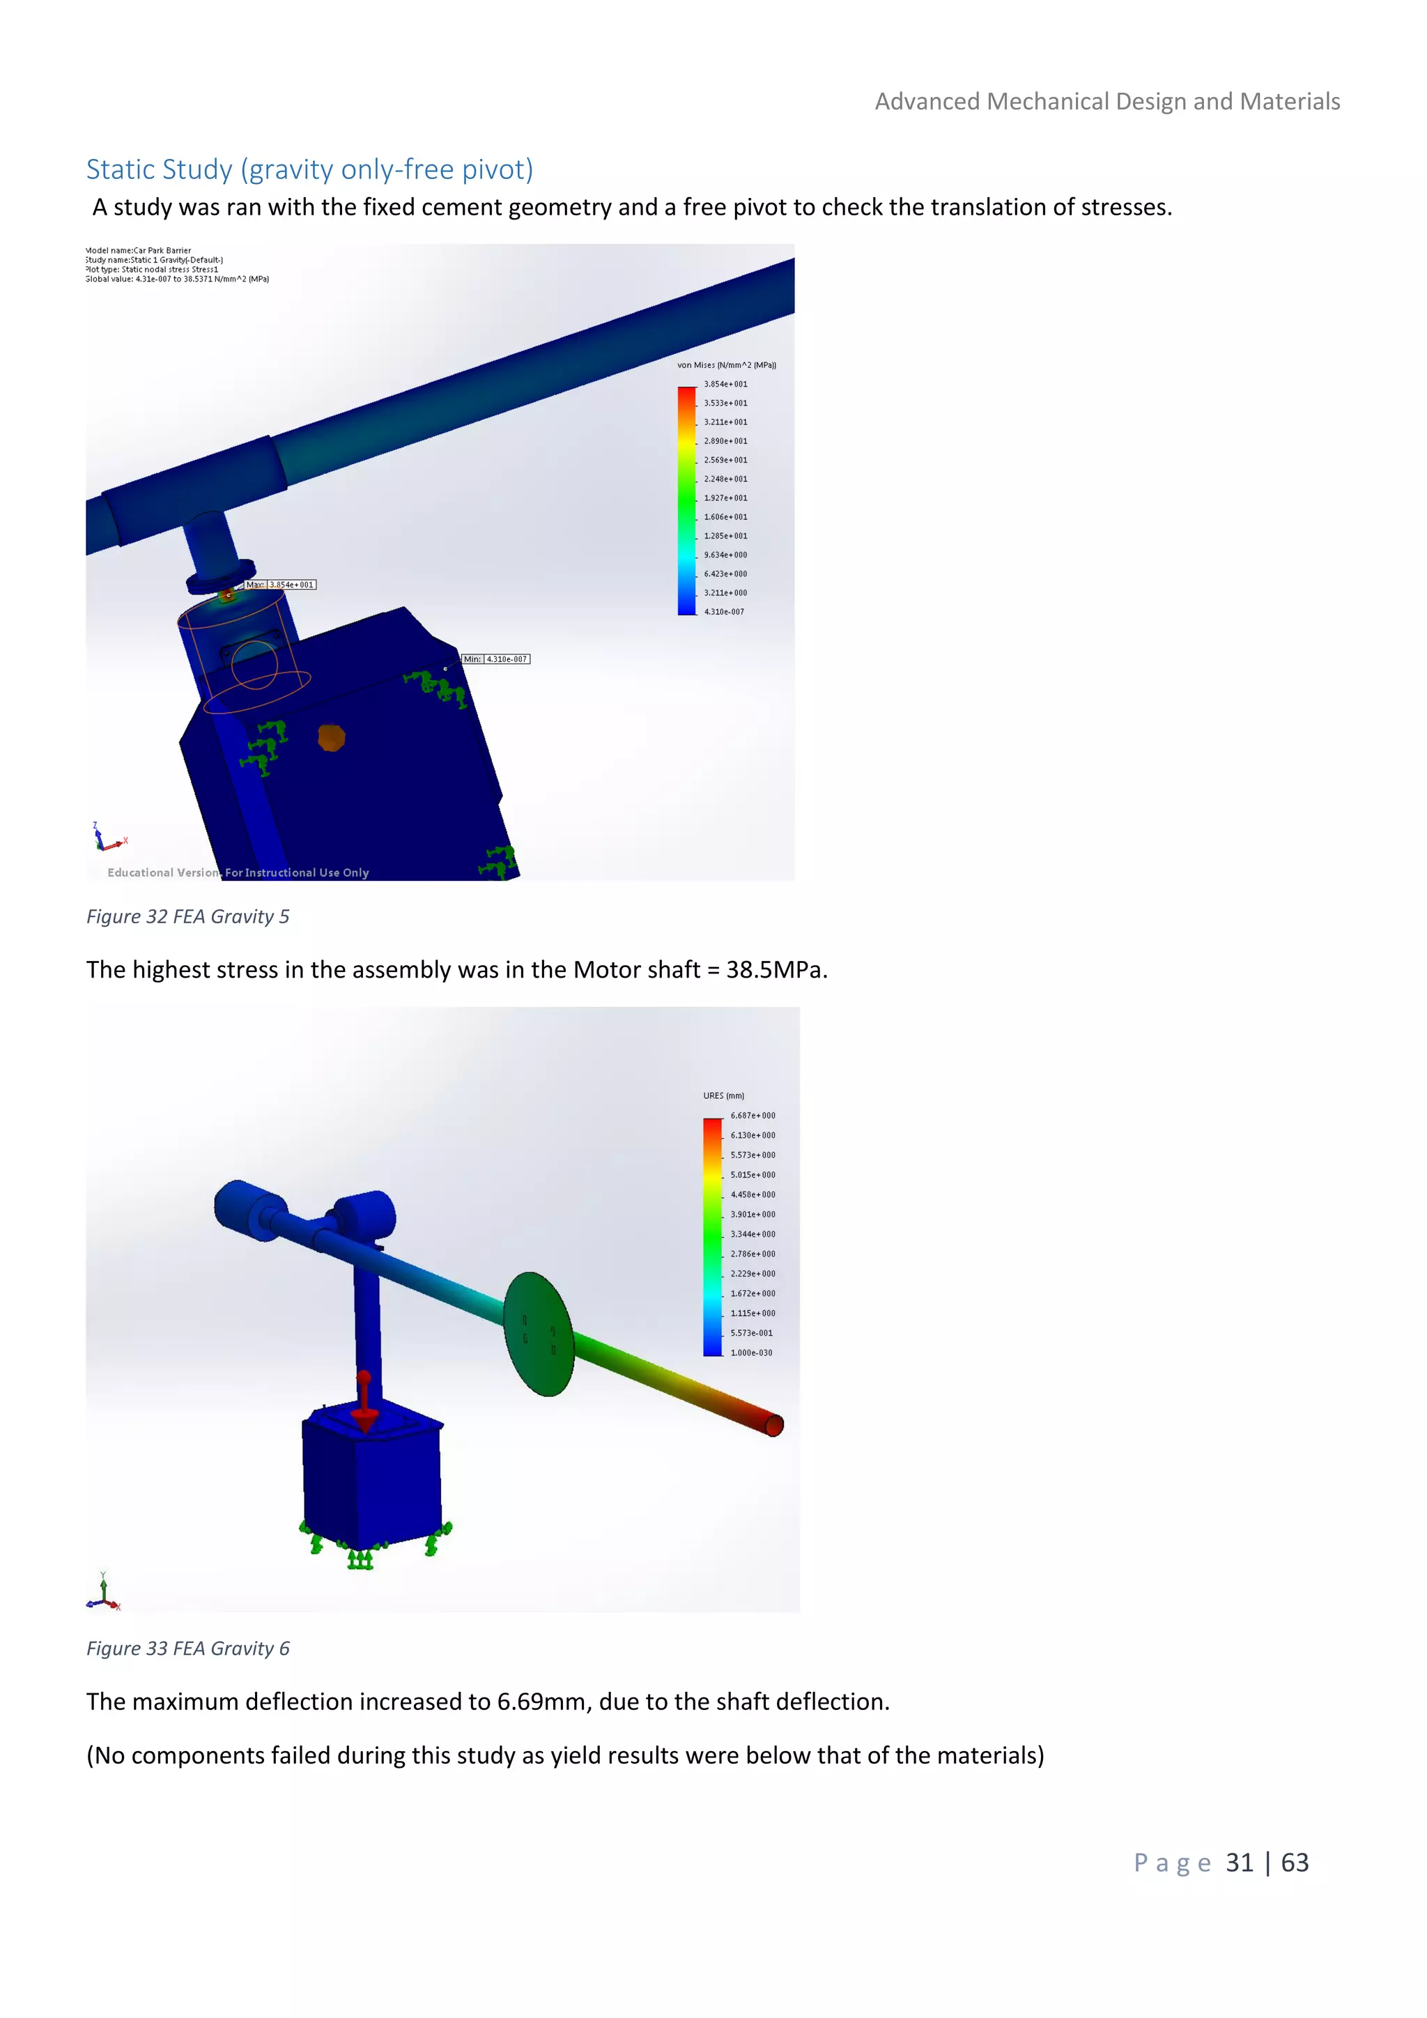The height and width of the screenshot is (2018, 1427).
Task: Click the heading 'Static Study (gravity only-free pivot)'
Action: coord(309,169)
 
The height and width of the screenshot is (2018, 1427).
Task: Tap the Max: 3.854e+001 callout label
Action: coord(280,585)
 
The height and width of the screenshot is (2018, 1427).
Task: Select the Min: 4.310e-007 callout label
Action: coord(497,659)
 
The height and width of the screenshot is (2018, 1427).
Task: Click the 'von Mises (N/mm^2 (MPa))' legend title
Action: coord(726,364)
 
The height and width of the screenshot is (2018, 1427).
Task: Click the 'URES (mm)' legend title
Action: coord(723,1095)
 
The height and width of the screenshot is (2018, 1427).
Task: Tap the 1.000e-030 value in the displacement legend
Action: coord(751,1353)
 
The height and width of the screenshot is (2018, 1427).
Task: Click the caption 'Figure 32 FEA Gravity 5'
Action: coord(187,917)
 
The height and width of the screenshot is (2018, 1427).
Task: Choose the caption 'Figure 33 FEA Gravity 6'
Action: coord(187,1648)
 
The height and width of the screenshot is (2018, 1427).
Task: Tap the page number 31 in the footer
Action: coord(1239,1863)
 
